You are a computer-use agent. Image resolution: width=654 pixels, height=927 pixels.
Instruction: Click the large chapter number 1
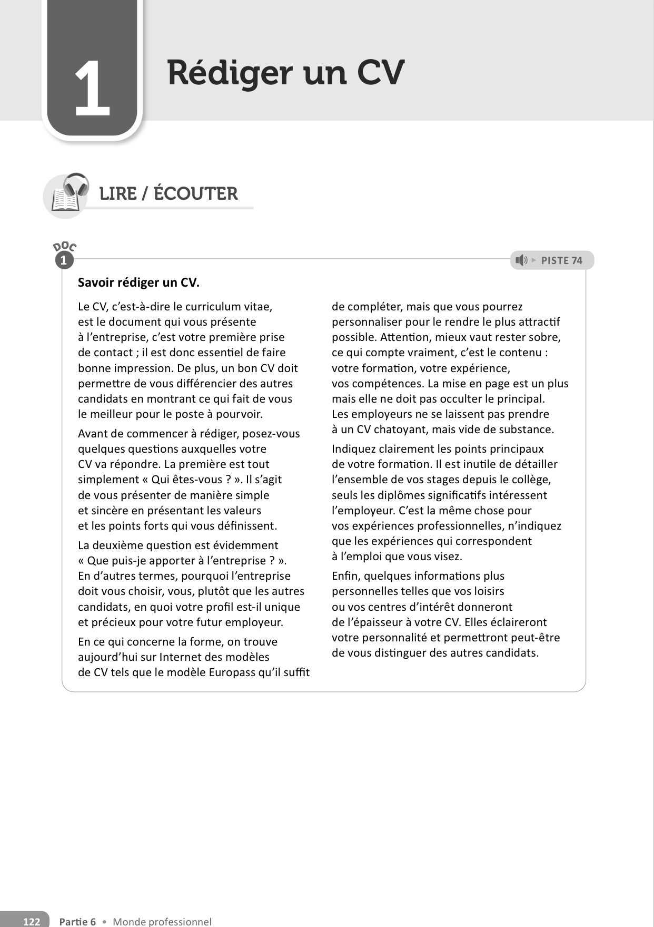pyautogui.click(x=93, y=89)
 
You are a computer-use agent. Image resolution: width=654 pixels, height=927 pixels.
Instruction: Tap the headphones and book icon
pyautogui.click(x=67, y=194)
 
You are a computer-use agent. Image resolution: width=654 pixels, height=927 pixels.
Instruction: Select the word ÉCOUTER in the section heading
pyautogui.click(x=195, y=194)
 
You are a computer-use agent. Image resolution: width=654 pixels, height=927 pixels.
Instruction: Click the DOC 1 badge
pyautogui.click(x=64, y=255)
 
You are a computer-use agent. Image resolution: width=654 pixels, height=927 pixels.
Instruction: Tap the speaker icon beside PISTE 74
pyautogui.click(x=521, y=260)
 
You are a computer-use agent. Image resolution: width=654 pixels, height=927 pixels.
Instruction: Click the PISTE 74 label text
pyautogui.click(x=561, y=260)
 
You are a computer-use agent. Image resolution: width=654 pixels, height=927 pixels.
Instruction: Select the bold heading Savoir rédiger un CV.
pyautogui.click(x=138, y=282)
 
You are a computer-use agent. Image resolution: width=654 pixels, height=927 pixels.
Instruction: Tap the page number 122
pyautogui.click(x=32, y=921)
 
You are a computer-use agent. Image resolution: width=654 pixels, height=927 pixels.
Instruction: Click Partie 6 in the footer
pyautogui.click(x=77, y=921)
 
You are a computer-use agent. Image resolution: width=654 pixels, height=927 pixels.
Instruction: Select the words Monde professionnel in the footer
pyautogui.click(x=162, y=921)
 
